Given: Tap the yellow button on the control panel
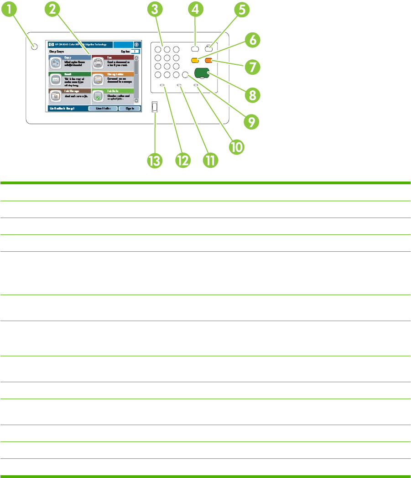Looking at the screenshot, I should (x=195, y=60).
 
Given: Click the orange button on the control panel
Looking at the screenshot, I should (x=209, y=60).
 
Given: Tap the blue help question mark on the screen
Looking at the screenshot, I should (x=136, y=45).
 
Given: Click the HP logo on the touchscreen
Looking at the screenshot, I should (x=50, y=45).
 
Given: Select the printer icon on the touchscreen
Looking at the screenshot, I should (x=99, y=62).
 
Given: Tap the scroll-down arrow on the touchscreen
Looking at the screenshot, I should (x=136, y=100).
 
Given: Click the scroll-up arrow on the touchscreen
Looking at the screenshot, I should (x=136, y=58).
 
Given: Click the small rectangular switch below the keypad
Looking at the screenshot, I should (x=155, y=107).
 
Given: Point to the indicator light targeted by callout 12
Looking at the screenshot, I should (x=162, y=85).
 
